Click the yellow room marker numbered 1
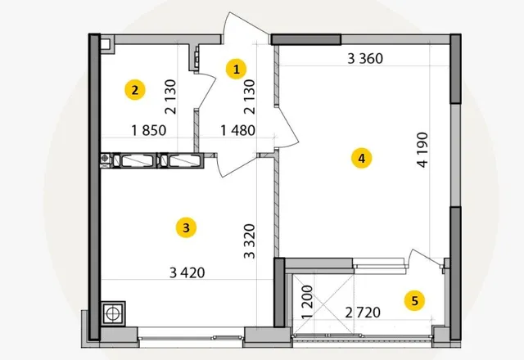[237, 70]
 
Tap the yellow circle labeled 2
[135, 90]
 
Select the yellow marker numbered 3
[186, 227]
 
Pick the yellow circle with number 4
[362, 158]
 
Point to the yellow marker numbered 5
[415, 301]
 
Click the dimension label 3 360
[365, 59]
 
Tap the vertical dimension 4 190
[422, 150]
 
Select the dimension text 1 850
[149, 130]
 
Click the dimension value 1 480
[238, 130]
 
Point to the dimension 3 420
[187, 272]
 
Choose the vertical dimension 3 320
[249, 241]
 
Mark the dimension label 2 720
[363, 313]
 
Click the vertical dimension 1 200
[307, 302]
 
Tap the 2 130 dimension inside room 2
[170, 97]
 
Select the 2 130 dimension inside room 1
[249, 97]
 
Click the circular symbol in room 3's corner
[113, 313]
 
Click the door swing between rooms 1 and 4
[287, 127]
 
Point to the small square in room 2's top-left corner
[106, 44]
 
